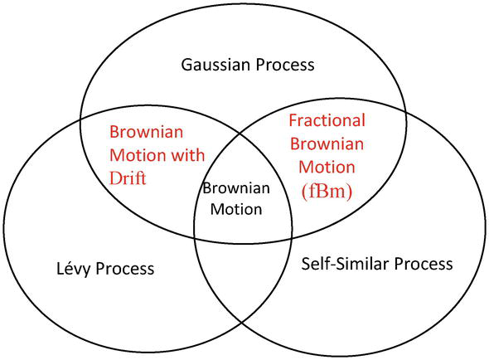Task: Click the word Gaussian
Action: tap(215, 65)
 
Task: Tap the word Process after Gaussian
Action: tap(285, 65)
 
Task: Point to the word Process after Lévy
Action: tap(125, 269)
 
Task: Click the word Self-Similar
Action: tap(345, 264)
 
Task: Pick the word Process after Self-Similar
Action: tap(424, 264)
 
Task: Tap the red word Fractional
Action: tap(327, 120)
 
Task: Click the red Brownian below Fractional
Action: tap(327, 144)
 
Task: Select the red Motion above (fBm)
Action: tap(327, 167)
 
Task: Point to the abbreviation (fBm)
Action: tap(327, 191)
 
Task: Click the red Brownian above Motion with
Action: tap(146, 132)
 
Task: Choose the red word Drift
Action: tap(128, 178)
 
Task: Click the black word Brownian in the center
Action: tap(236, 188)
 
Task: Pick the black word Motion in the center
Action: tap(236, 209)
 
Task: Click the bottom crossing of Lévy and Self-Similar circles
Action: tap(242, 323)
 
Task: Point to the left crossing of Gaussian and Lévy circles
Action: tap(80, 119)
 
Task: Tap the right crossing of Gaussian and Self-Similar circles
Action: tap(406, 111)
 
